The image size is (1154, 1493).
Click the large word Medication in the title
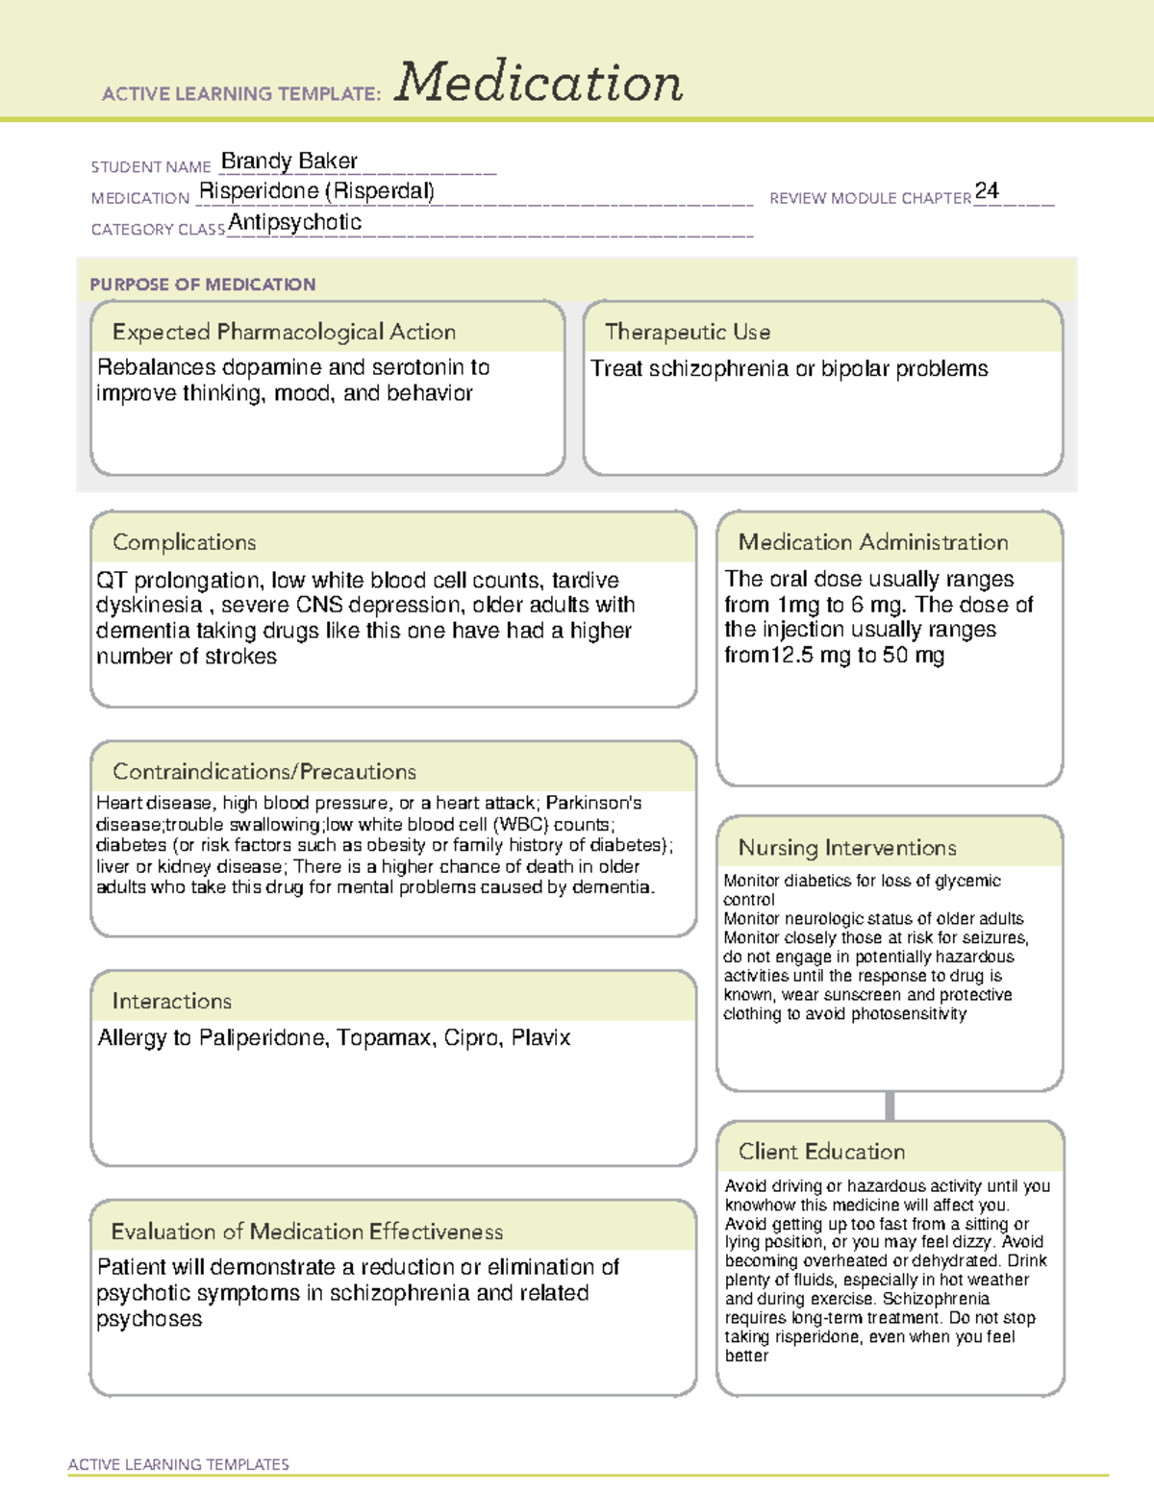pyautogui.click(x=539, y=83)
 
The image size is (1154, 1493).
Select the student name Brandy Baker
pyautogui.click(x=289, y=161)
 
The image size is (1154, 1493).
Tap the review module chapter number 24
pyautogui.click(x=987, y=190)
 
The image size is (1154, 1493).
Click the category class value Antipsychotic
pyautogui.click(x=295, y=222)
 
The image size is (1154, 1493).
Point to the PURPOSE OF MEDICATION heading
pyautogui.click(x=203, y=285)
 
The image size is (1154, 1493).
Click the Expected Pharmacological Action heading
pyautogui.click(x=284, y=332)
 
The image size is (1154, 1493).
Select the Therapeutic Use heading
pyautogui.click(x=688, y=332)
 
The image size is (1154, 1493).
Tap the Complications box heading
pyautogui.click(x=185, y=542)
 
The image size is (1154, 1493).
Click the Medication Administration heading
pyautogui.click(x=873, y=542)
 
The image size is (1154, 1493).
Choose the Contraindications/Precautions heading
pyautogui.click(x=264, y=771)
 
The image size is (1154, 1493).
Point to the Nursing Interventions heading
pyautogui.click(x=847, y=847)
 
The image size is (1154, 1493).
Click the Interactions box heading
pyautogui.click(x=172, y=1001)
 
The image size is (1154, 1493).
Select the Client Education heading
pyautogui.click(x=822, y=1151)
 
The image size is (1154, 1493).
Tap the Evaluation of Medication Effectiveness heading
pyautogui.click(x=307, y=1232)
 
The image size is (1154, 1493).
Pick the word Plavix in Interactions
pyautogui.click(x=540, y=1038)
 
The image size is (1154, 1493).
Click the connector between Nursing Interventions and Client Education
pyautogui.click(x=890, y=1106)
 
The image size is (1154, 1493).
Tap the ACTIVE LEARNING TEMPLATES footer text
pyautogui.click(x=179, y=1464)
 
